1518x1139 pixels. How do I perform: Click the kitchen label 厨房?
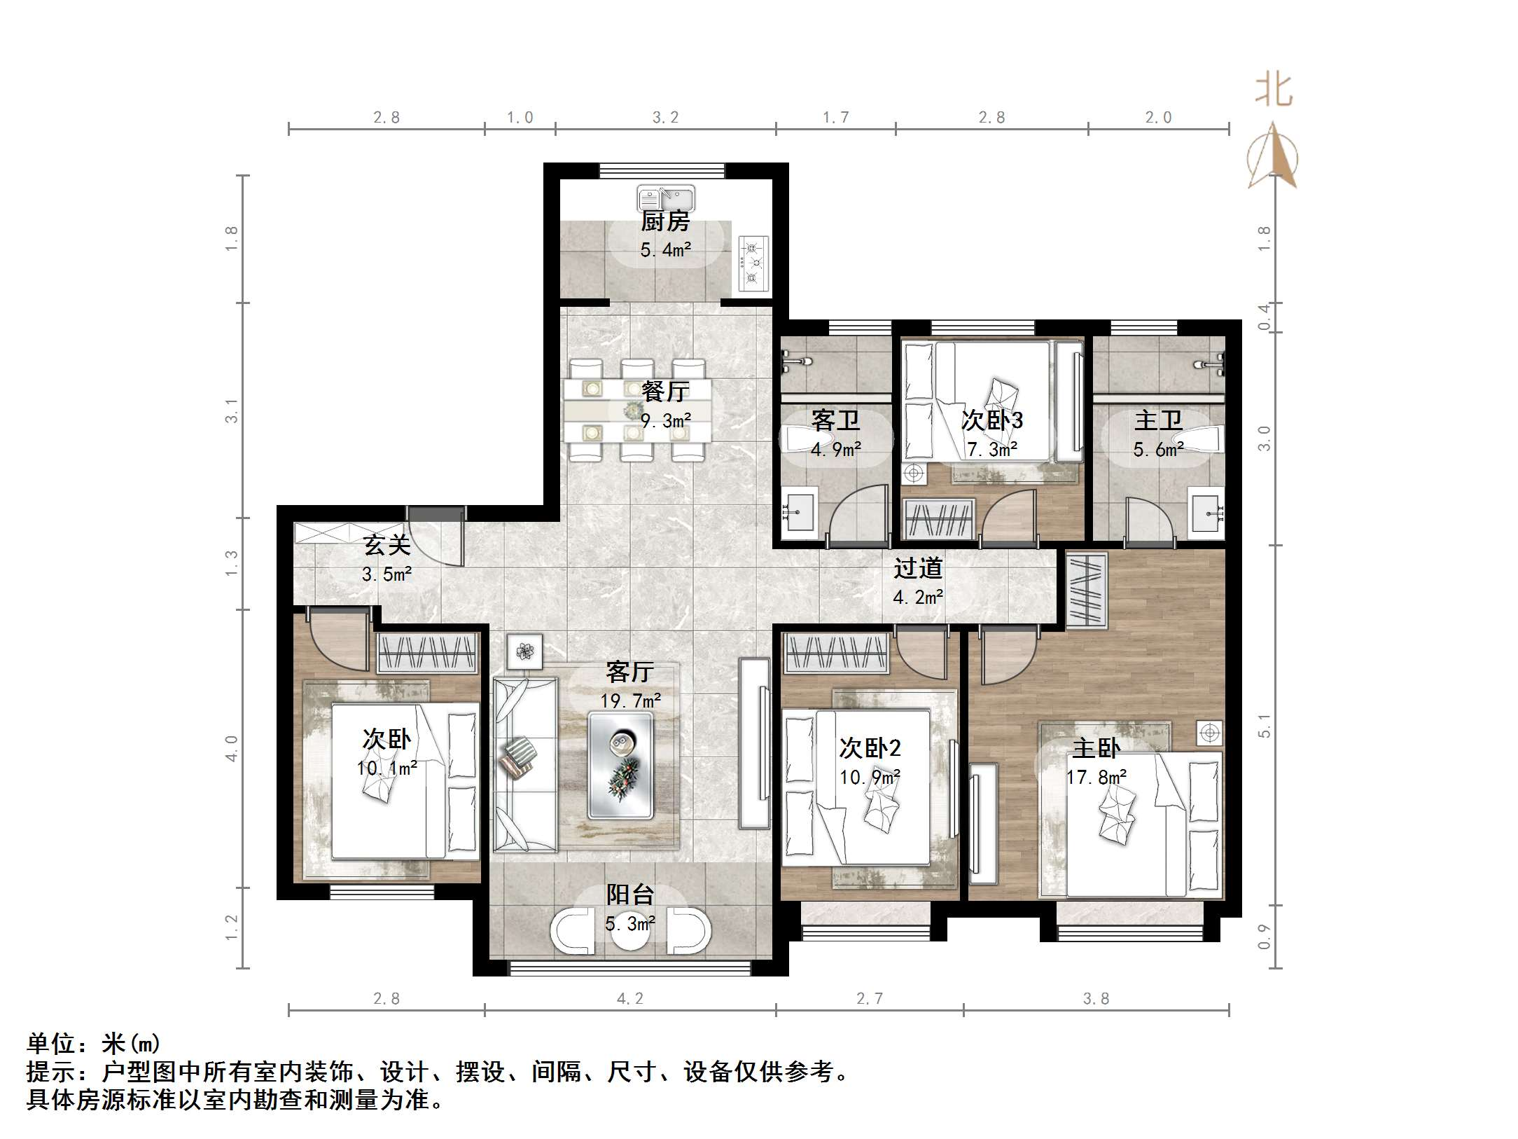coord(665,221)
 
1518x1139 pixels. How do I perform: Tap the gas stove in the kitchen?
coord(753,263)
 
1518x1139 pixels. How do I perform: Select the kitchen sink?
coord(665,198)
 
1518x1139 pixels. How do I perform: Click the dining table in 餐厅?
coord(637,410)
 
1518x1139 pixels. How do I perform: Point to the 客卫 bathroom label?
coord(835,420)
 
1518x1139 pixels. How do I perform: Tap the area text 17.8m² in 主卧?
coord(1096,778)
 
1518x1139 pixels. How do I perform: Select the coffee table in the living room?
coord(620,765)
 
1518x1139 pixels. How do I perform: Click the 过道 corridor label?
coord(918,568)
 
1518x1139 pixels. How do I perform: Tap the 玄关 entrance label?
coord(387,545)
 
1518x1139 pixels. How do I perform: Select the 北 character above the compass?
coord(1274,91)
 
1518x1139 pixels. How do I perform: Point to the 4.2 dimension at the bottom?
coord(629,999)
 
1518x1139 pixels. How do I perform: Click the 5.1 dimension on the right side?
coord(1264,725)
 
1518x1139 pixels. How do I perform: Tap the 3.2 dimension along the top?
coord(665,118)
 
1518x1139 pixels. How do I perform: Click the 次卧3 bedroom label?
coord(991,420)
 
